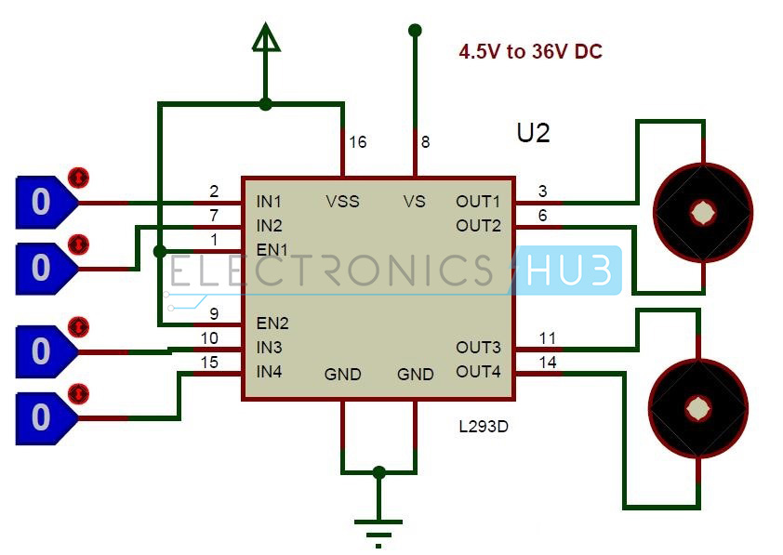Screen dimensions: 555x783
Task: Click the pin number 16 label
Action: pyautogui.click(x=357, y=142)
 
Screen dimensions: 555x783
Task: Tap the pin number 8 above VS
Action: pyautogui.click(x=425, y=142)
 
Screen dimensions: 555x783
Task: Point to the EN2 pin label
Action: pyautogui.click(x=272, y=324)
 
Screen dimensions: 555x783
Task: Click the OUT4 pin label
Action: pyautogui.click(x=478, y=372)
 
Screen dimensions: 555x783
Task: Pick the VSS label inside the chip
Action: pyautogui.click(x=342, y=202)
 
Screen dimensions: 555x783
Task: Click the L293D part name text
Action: pyautogui.click(x=484, y=428)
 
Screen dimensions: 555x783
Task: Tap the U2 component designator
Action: pyautogui.click(x=533, y=133)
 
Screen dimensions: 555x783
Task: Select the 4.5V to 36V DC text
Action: pyautogui.click(x=530, y=52)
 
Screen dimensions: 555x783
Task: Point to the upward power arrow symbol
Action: pyautogui.click(x=266, y=38)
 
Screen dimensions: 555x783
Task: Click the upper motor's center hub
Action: pyautogui.click(x=701, y=213)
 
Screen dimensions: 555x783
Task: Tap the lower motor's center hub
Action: pyautogui.click(x=698, y=406)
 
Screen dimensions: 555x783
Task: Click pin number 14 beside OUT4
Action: pyautogui.click(x=548, y=363)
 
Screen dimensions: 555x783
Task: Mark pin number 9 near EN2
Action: pyautogui.click(x=213, y=313)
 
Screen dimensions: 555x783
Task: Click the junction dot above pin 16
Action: pyautogui.click(x=266, y=104)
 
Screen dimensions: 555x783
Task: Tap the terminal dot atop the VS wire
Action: pyautogui.click(x=415, y=31)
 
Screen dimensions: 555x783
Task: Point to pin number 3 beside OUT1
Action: pyautogui.click(x=543, y=192)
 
